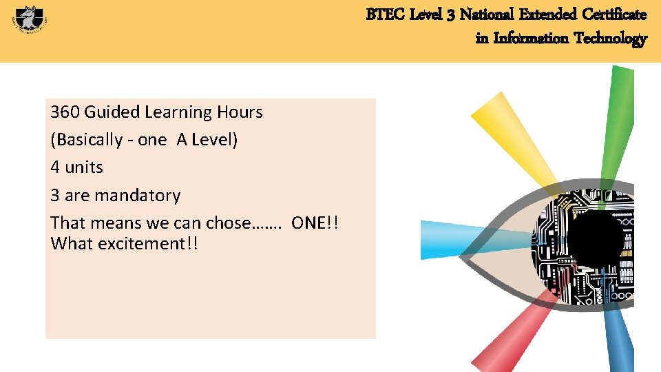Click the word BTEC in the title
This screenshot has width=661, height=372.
point(381,14)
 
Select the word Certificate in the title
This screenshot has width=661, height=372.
point(615,14)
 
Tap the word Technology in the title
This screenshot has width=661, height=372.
point(611,38)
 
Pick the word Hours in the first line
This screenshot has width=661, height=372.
point(240,112)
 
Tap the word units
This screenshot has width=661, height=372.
point(84,167)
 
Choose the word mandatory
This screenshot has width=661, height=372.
point(137,196)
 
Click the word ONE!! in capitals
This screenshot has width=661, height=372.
point(315,223)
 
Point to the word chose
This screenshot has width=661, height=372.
point(229,223)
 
